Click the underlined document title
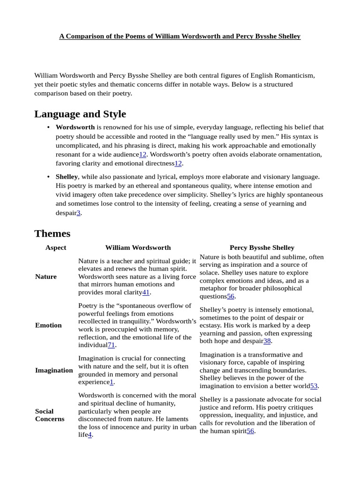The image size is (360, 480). [x=180, y=36]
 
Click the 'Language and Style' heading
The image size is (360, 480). [x=80, y=114]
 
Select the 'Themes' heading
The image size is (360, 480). [x=52, y=233]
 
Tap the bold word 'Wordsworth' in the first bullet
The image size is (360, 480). [x=75, y=127]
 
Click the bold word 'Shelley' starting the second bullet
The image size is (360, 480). [x=67, y=177]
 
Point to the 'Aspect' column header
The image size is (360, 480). [x=56, y=247]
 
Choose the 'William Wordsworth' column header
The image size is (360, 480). [x=138, y=247]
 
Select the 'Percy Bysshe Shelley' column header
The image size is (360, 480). [x=262, y=247]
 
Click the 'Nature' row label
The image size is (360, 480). [x=46, y=277]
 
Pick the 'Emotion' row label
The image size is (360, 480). [x=48, y=325]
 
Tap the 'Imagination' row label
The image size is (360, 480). [x=54, y=370]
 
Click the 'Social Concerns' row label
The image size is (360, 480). [x=49, y=415]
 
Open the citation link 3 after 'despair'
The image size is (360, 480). [x=79, y=213]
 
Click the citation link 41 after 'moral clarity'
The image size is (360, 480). [x=146, y=292]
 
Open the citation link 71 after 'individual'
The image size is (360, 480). [x=111, y=345]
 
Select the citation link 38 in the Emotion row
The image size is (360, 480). [x=267, y=341]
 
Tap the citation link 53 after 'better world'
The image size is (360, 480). [x=314, y=386]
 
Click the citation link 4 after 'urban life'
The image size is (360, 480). [x=90, y=435]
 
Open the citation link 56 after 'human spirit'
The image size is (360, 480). [x=250, y=431]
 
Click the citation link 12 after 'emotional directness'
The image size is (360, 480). [x=178, y=164]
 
